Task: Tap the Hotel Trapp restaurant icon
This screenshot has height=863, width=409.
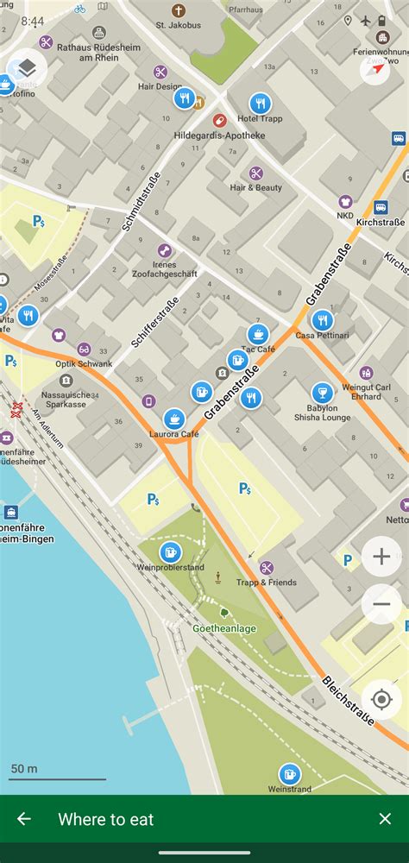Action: point(260,103)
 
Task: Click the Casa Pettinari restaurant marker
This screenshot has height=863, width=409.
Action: point(322,320)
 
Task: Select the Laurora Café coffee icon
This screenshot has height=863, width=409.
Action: point(174,419)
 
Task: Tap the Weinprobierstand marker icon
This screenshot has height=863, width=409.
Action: point(171,553)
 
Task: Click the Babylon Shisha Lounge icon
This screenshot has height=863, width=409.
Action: point(323,394)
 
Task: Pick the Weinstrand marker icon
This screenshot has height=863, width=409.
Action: point(290,774)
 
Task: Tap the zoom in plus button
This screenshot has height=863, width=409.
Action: point(381,557)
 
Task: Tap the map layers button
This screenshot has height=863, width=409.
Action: point(27,68)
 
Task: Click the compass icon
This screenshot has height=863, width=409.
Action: point(375,69)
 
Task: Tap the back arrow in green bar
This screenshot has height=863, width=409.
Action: point(24,819)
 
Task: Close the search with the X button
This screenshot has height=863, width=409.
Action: point(385,819)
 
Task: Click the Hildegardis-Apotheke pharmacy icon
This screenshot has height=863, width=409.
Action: point(219,121)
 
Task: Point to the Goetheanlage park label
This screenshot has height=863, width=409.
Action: point(224,628)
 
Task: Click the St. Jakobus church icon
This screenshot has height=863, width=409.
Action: point(179,11)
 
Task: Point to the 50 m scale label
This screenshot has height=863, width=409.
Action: point(24,768)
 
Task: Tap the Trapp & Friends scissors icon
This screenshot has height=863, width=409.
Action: point(267,568)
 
